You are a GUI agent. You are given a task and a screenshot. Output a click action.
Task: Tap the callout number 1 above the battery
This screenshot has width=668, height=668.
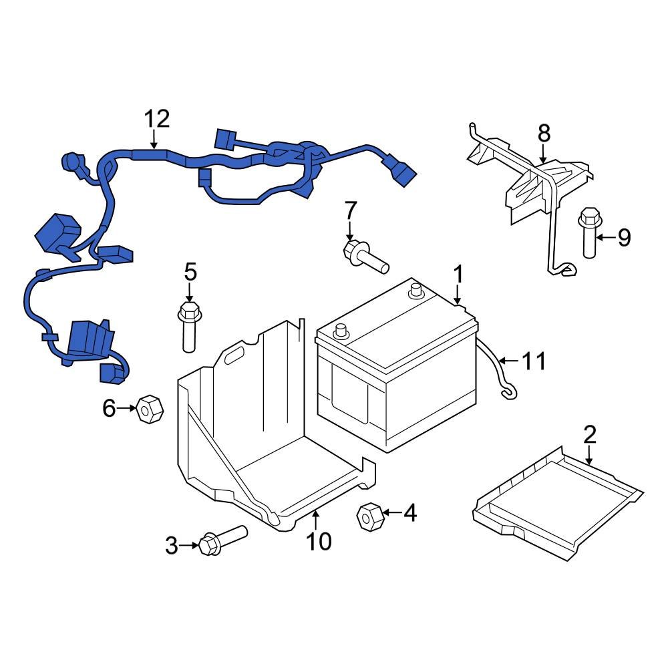click(x=458, y=274)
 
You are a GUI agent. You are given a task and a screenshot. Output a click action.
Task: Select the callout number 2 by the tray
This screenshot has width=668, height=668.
click(x=589, y=434)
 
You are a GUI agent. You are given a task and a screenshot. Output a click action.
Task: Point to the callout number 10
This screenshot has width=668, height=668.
click(x=319, y=541)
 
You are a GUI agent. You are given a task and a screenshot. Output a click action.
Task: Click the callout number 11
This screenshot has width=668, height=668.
click(x=534, y=361)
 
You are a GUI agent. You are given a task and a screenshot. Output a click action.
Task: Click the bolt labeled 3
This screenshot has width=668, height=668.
click(x=220, y=540)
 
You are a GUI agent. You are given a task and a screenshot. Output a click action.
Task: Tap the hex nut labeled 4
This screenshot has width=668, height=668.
click(x=369, y=516)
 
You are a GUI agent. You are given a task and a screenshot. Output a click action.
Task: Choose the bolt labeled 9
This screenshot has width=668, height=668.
click(x=589, y=235)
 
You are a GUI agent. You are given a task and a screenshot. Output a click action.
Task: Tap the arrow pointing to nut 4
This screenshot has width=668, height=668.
click(x=390, y=513)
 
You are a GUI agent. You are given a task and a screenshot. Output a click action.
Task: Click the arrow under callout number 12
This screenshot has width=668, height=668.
click(x=154, y=141)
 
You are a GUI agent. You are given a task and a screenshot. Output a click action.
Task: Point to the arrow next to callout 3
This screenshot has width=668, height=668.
click(x=189, y=546)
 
